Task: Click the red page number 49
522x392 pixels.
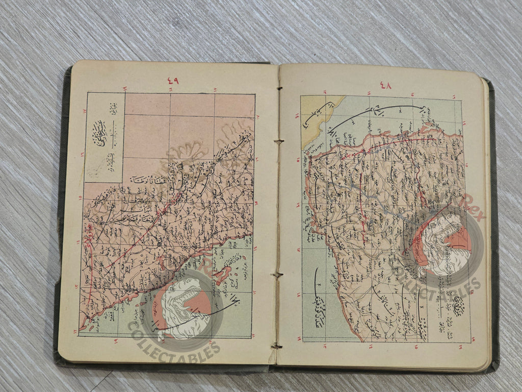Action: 173,81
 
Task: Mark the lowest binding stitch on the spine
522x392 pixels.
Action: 277,346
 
